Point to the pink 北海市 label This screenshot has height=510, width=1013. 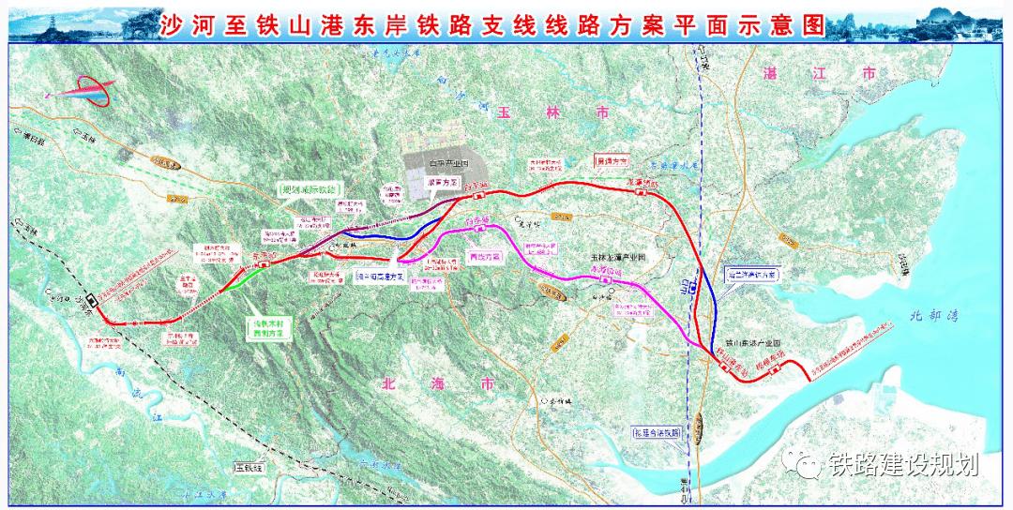tap(436, 383)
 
